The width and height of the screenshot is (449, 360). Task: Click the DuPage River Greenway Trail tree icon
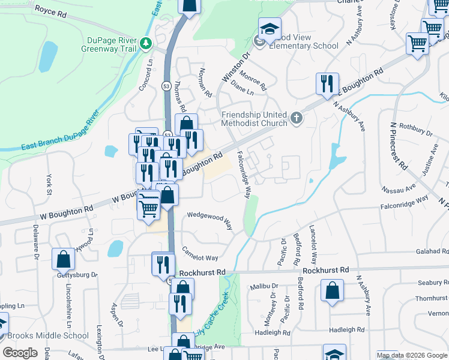(146, 43)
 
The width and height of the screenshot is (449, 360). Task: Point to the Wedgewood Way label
(209, 220)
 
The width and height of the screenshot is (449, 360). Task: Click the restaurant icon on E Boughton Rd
(327, 84)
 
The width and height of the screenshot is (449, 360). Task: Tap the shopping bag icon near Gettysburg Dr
(63, 260)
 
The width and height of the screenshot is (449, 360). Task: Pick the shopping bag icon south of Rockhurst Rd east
(331, 292)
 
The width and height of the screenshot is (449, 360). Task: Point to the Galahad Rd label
(428, 253)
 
